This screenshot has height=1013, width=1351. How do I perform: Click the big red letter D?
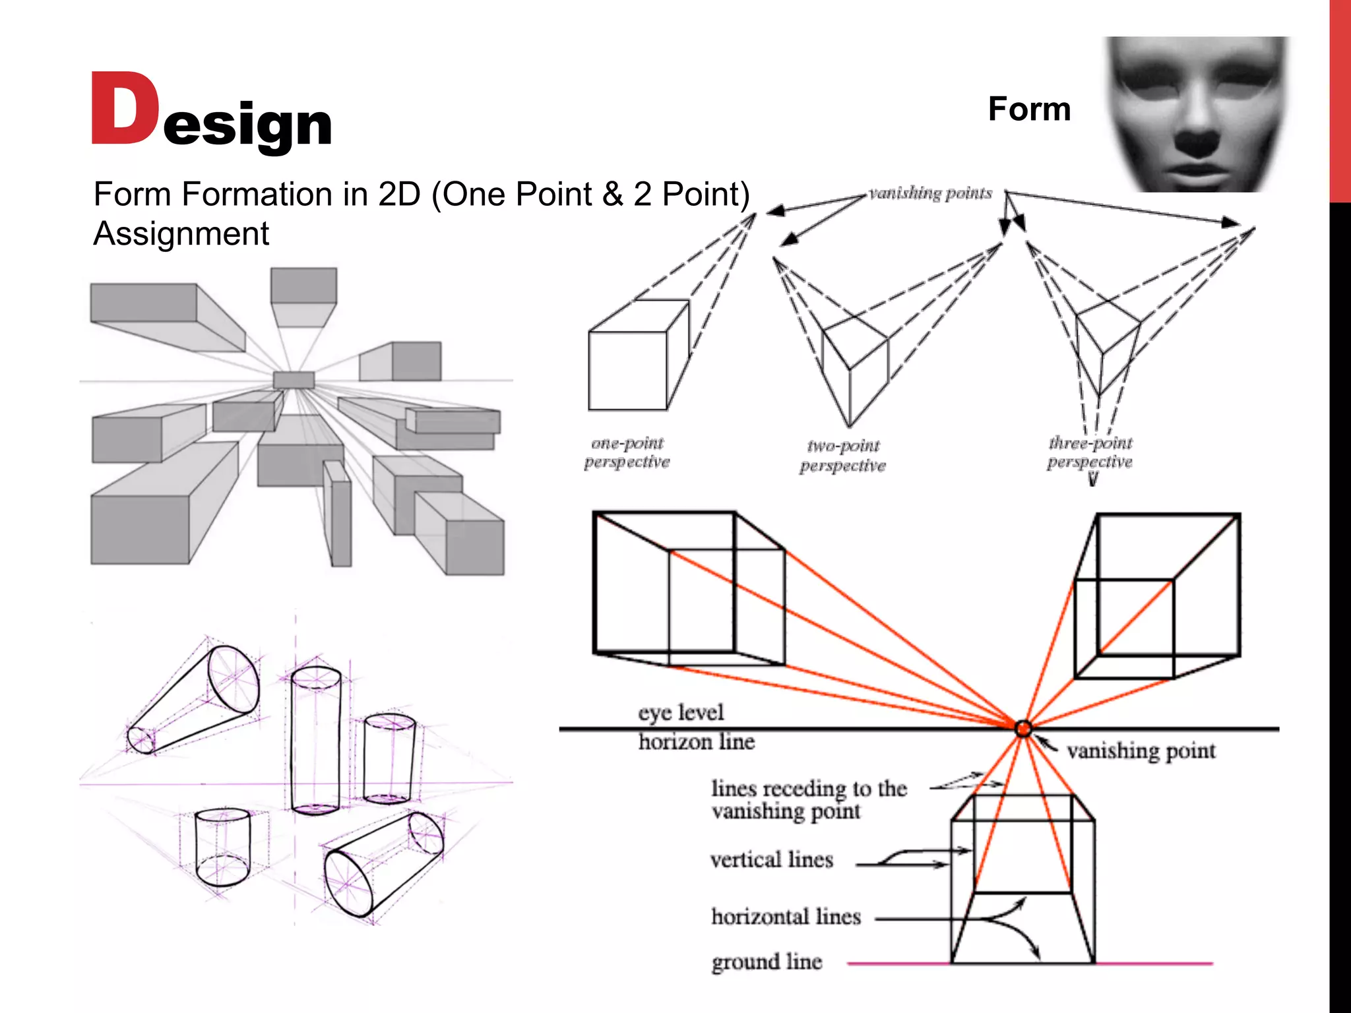click(x=124, y=109)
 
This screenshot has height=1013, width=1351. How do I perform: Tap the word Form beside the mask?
click(x=1029, y=109)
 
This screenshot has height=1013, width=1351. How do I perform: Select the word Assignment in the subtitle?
click(x=181, y=233)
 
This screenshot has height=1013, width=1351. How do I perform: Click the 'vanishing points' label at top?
click(x=930, y=193)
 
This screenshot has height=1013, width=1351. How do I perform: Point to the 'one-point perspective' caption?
click(x=627, y=452)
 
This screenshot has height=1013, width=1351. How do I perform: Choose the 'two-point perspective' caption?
click(x=842, y=456)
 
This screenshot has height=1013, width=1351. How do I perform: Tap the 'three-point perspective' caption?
click(x=1090, y=452)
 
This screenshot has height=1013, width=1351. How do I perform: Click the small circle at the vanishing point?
click(x=1023, y=729)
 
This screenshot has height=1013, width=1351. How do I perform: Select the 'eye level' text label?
click(x=681, y=712)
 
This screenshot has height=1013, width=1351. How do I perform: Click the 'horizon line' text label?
click(x=696, y=742)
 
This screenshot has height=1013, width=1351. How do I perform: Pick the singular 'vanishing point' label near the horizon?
click(x=1141, y=751)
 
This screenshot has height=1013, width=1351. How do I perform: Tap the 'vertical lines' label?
click(x=772, y=860)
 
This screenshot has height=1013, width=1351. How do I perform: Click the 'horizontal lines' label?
click(x=786, y=917)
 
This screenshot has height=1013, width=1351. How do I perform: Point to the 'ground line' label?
click(x=767, y=962)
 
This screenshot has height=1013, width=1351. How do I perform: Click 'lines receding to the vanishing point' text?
click(x=809, y=799)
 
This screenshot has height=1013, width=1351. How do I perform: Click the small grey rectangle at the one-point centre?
click(x=294, y=380)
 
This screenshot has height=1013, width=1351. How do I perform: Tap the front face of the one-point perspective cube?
click(x=627, y=371)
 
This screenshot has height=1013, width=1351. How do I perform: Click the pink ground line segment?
click(x=1154, y=964)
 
